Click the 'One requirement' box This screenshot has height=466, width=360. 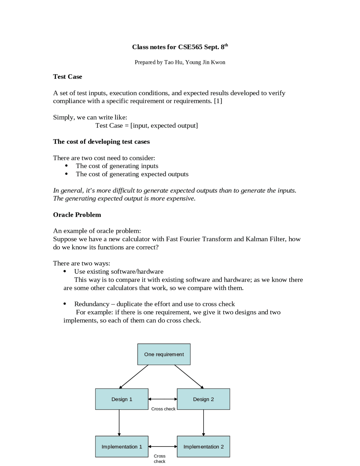pos(164,354)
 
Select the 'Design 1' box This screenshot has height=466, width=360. pos(121,399)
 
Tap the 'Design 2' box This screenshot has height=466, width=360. pos(203,399)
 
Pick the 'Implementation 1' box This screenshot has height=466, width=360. pos(121,446)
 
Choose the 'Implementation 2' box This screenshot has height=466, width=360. pos(203,446)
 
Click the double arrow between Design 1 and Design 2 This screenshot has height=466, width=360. pos(163,399)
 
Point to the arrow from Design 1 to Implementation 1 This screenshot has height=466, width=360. pos(119,422)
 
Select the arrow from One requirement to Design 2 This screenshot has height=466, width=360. pos(189,377)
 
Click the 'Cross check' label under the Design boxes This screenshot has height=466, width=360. pos(163,409)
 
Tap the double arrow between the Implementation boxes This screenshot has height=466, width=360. pos(163,446)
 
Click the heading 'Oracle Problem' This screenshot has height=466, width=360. pos(77,215)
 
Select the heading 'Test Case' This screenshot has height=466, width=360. pos(67,77)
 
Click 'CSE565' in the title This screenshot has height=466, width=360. pos(190,47)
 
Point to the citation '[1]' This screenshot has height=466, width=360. pos(218,101)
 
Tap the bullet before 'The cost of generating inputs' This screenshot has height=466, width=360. pos(66,166)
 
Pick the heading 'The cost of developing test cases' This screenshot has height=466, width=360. pos(101,142)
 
